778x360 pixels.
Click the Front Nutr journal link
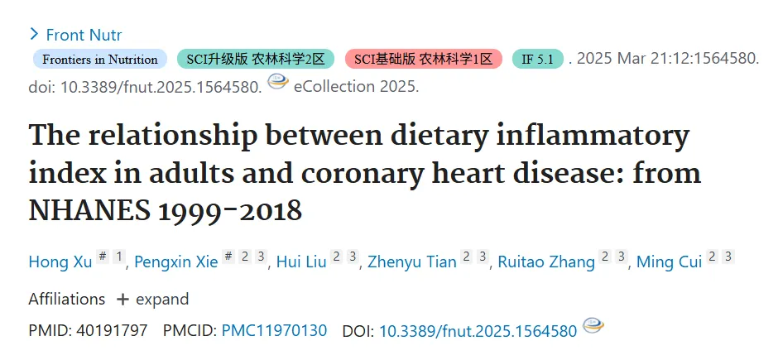(84, 35)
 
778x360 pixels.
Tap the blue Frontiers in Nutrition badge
(100, 59)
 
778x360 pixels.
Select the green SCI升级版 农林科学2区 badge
(256, 59)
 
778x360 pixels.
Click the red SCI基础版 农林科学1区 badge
(424, 59)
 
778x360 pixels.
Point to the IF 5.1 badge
(538, 59)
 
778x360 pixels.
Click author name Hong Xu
(60, 262)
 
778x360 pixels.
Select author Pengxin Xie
(176, 262)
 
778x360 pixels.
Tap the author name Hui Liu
(301, 262)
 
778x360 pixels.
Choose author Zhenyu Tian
(412, 262)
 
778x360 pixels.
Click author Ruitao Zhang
(546, 262)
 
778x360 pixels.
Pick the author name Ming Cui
(670, 262)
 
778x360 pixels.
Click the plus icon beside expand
(122, 300)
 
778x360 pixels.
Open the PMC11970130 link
(275, 330)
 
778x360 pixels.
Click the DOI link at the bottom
(478, 331)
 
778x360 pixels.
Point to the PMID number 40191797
(112, 330)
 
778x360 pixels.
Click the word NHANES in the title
(89, 211)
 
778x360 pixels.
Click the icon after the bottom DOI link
(593, 325)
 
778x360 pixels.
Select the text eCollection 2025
(356, 86)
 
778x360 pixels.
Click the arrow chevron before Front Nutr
(34, 34)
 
